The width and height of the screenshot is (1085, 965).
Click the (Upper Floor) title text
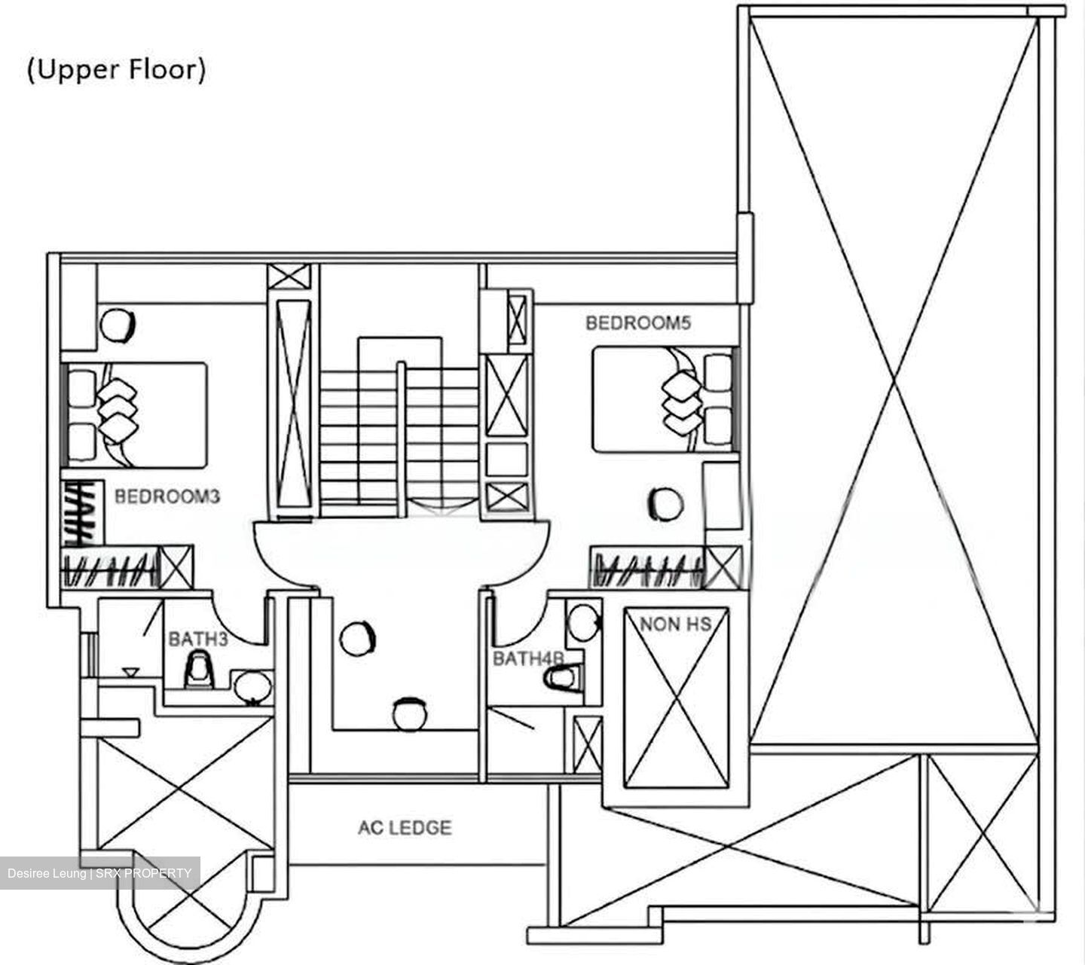click(x=116, y=70)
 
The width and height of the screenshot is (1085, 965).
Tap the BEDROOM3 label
click(x=167, y=496)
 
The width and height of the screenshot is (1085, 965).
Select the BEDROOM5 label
click(x=638, y=323)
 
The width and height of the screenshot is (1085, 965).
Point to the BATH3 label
click(x=197, y=639)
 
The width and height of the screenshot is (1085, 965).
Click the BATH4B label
click(x=528, y=658)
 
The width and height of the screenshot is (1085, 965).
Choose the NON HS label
click(x=675, y=624)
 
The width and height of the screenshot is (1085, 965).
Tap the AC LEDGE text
click(x=405, y=828)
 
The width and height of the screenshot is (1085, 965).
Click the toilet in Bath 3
click(x=199, y=670)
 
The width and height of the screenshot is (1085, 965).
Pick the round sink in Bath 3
click(x=252, y=686)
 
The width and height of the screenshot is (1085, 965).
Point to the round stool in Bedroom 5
click(x=665, y=504)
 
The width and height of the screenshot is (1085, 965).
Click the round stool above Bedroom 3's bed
click(x=118, y=325)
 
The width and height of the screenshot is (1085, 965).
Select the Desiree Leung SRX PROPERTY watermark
click(x=99, y=873)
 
